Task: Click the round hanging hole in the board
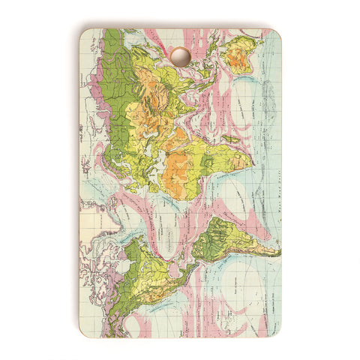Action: pyautogui.click(x=180, y=56)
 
